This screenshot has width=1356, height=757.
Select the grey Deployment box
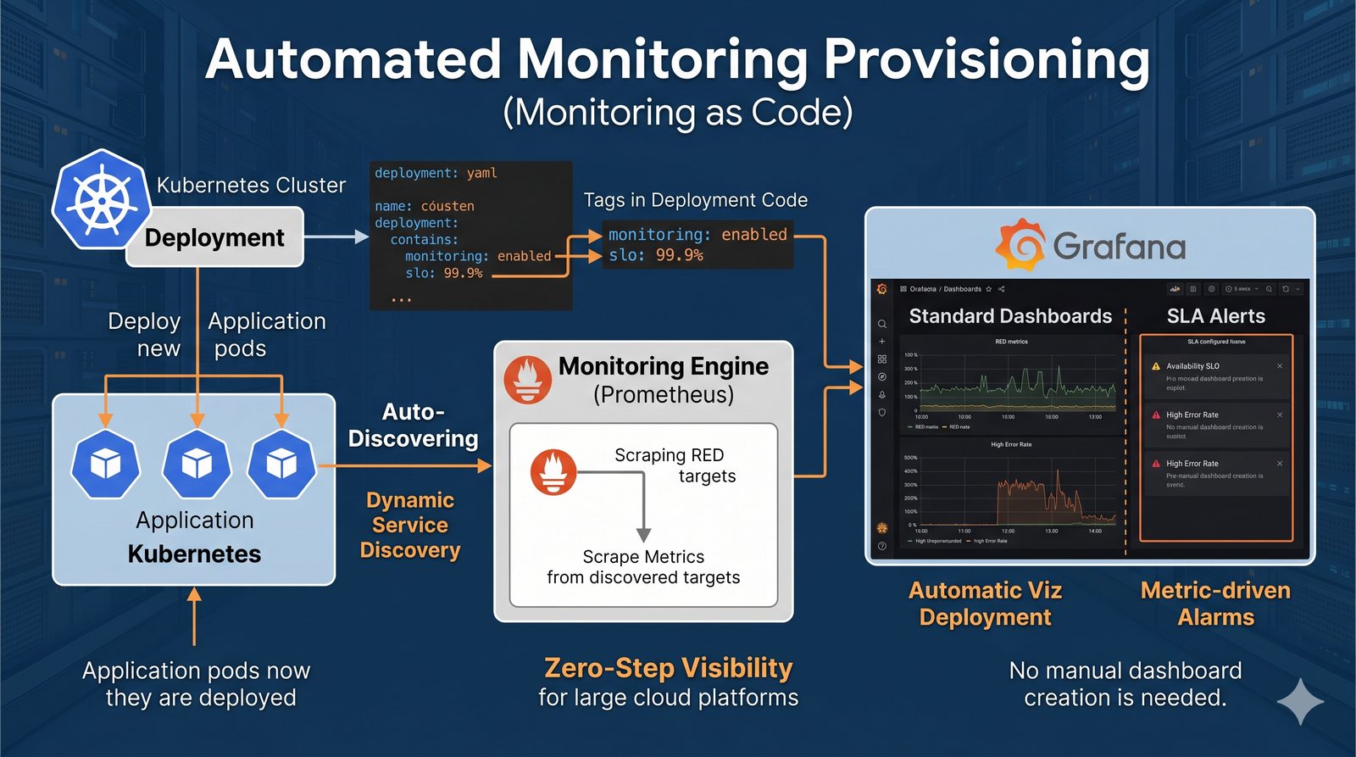pos(214,237)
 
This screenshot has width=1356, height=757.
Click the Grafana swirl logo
pos(1020,245)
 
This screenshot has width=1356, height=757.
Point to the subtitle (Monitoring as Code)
pos(678,113)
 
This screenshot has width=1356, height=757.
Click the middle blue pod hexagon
pos(197,463)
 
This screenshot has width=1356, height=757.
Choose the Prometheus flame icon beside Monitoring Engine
pos(528,380)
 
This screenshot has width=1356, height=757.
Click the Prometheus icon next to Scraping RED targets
pos(553,472)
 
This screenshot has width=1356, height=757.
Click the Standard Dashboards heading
pos(1010,316)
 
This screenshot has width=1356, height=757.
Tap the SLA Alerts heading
pos(1215,316)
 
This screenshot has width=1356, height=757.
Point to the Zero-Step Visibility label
pos(668,668)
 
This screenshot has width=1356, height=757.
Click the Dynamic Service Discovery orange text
pos(410,525)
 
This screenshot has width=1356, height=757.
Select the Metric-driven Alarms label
pos(1215,603)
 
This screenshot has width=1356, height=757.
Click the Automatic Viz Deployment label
pos(985,603)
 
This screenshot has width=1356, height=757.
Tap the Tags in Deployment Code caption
pos(695,200)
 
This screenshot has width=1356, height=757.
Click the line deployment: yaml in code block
pos(436,173)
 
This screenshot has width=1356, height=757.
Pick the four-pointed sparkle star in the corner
pos(1300,701)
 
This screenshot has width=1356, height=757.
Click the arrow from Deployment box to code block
pos(336,237)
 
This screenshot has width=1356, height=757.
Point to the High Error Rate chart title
pos(1011,444)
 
